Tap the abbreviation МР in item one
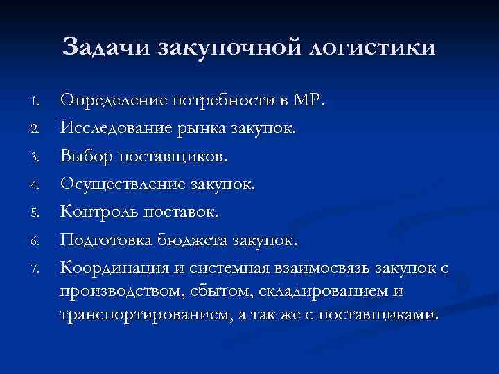[308, 100]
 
